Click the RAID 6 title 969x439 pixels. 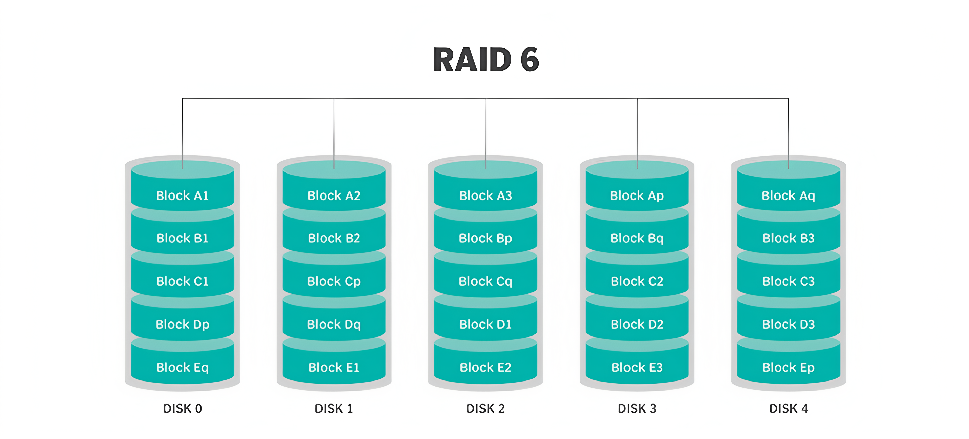tap(486, 60)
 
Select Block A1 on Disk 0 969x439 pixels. tap(183, 195)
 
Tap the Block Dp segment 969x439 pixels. tap(183, 324)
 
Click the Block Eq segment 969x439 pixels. tap(183, 367)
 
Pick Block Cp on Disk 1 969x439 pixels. tap(334, 281)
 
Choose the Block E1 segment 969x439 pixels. tap(334, 367)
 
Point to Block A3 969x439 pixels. tap(486, 195)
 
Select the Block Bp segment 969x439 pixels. tap(486, 238)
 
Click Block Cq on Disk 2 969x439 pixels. tap(486, 281)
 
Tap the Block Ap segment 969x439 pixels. tap(637, 195)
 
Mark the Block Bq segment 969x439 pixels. tap(637, 238)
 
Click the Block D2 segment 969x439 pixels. tap(637, 324)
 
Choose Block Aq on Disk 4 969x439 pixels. tap(788, 195)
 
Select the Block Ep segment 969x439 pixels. tap(788, 367)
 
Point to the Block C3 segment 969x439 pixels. tap(788, 281)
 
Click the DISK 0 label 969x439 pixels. tap(183, 408)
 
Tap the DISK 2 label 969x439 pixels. tap(486, 408)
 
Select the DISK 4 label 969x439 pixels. tap(788, 408)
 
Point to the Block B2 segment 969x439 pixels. tap(334, 238)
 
